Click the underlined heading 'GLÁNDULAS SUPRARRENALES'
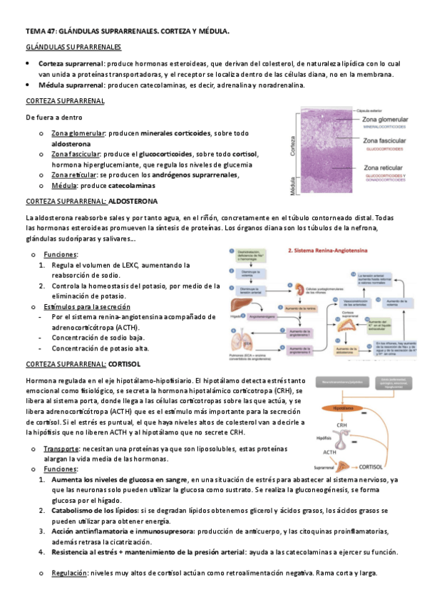(73, 47)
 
